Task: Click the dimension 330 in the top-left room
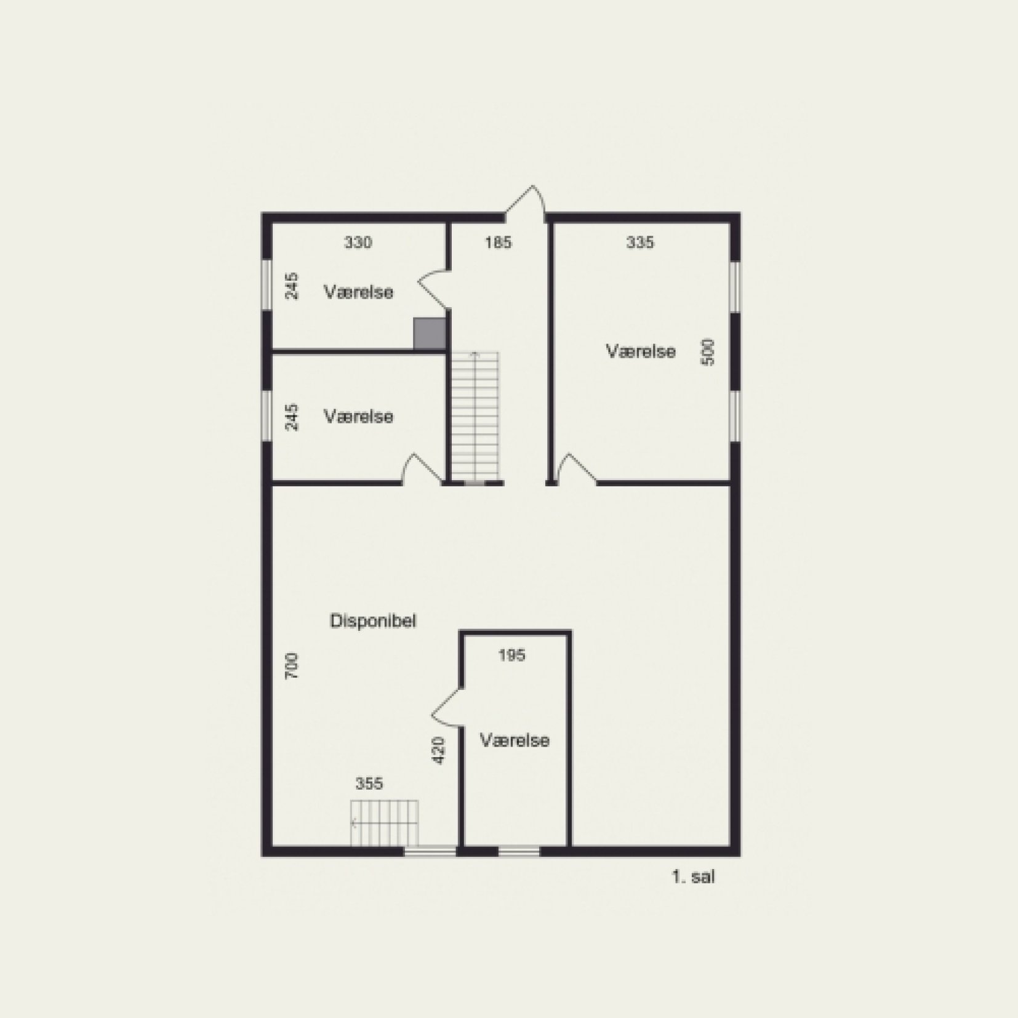coord(358,242)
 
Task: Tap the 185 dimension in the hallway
coord(498,242)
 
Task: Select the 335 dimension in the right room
coord(640,242)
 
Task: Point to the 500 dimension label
coord(708,352)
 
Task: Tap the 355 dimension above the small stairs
coord(369,784)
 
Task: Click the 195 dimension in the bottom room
coord(512,655)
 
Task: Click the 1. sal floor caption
coord(693,877)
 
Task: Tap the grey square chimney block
coord(429,334)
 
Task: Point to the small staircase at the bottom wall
coord(385,823)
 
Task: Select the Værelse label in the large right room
coord(641,351)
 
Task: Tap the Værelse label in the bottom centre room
coord(514,740)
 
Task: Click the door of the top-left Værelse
coord(435,287)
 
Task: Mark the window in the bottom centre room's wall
coord(519,852)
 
